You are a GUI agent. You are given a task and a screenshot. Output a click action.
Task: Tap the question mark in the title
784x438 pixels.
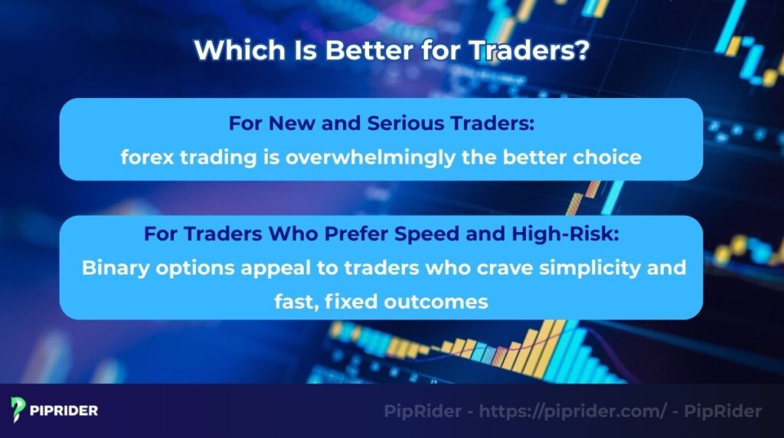pos(583,51)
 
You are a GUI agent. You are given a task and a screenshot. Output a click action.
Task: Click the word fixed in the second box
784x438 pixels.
pos(349,302)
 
